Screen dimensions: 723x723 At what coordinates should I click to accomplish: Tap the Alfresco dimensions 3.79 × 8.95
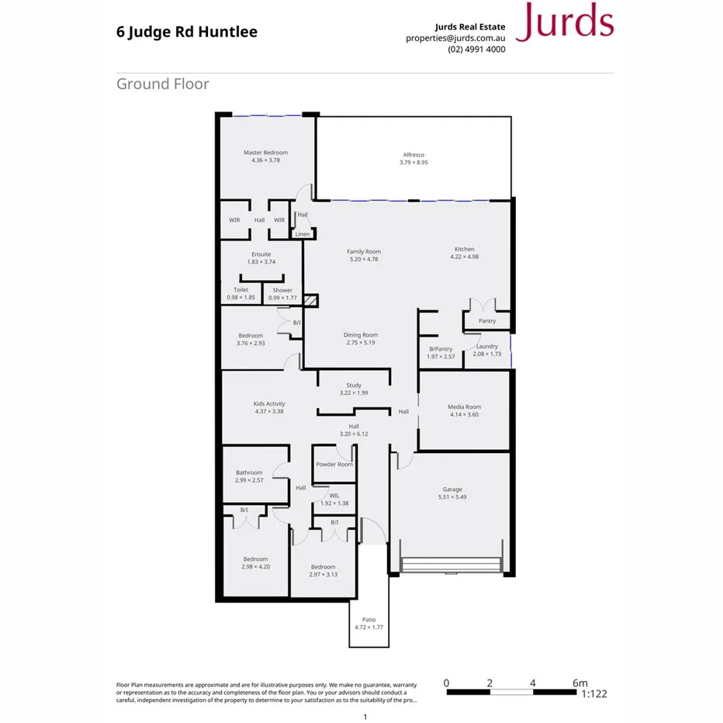point(413,163)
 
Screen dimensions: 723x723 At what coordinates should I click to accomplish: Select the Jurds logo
point(564,23)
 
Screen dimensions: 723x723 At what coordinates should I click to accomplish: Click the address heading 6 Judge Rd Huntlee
point(186,33)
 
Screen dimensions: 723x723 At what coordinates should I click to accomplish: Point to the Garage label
point(452,489)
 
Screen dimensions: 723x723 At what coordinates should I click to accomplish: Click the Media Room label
point(464,406)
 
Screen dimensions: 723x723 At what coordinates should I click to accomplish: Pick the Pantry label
point(487,321)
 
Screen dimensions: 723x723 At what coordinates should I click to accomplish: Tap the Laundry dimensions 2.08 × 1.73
point(487,354)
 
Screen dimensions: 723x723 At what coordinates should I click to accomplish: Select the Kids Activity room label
point(269,404)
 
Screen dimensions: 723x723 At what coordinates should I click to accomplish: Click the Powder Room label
point(334,464)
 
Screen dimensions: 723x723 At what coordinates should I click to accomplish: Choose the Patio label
point(369,620)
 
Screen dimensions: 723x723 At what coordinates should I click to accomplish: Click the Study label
point(354,386)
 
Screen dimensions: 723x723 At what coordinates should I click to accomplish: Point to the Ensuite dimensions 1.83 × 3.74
point(261,262)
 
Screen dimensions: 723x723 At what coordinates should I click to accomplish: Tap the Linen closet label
point(303,234)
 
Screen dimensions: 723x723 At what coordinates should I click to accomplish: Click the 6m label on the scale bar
point(580,683)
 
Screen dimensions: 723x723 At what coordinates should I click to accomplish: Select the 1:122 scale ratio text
point(593,694)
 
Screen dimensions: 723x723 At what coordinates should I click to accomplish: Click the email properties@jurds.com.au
point(455,37)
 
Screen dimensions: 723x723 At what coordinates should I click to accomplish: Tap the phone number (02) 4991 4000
point(476,49)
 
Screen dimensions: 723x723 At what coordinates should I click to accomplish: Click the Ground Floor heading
point(163,84)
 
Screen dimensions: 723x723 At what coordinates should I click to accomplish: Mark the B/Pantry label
point(441,349)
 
